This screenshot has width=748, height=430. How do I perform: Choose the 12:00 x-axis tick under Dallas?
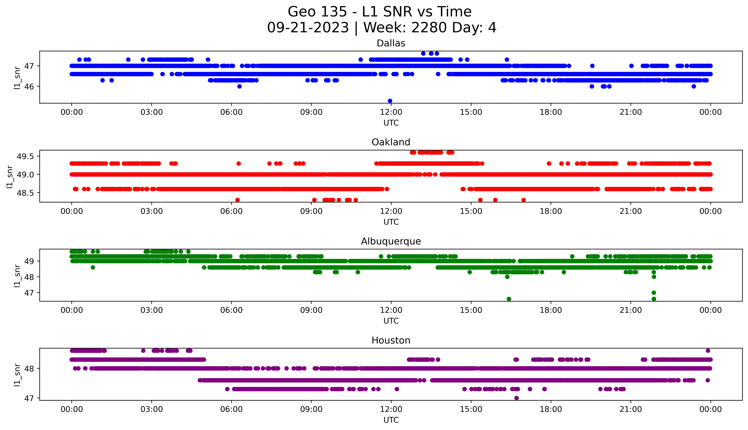point(391,112)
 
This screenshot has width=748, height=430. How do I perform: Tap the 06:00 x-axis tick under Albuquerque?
point(231,310)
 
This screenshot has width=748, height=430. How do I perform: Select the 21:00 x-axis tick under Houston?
point(631,409)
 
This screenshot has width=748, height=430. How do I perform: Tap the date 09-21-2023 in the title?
point(308,28)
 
